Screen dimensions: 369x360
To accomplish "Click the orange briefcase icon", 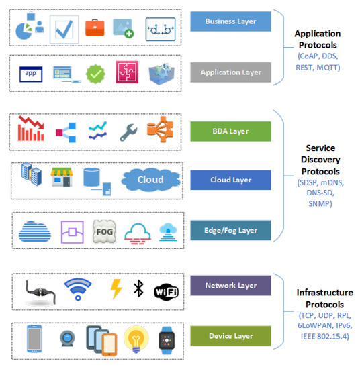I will click(x=95, y=28).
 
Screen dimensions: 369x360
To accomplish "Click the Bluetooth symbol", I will click(x=138, y=288).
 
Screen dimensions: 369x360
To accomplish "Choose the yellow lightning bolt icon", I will click(x=116, y=288).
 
